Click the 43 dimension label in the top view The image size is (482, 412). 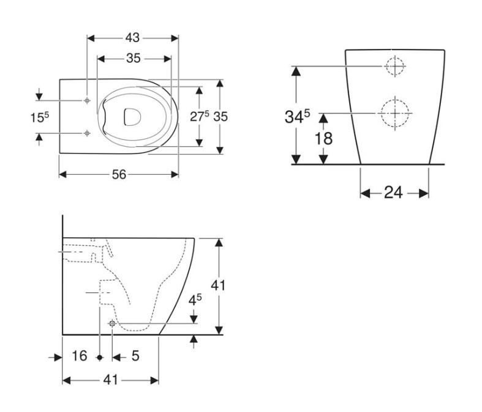[132, 38]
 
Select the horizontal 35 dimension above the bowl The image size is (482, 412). [134, 58]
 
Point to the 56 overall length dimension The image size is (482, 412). [119, 175]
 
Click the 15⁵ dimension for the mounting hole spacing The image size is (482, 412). [40, 117]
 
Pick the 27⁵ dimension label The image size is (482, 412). [200, 116]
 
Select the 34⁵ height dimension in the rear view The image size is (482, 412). [297, 116]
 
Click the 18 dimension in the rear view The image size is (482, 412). [323, 138]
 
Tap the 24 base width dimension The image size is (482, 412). [393, 193]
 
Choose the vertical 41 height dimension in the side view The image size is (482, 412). [218, 285]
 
